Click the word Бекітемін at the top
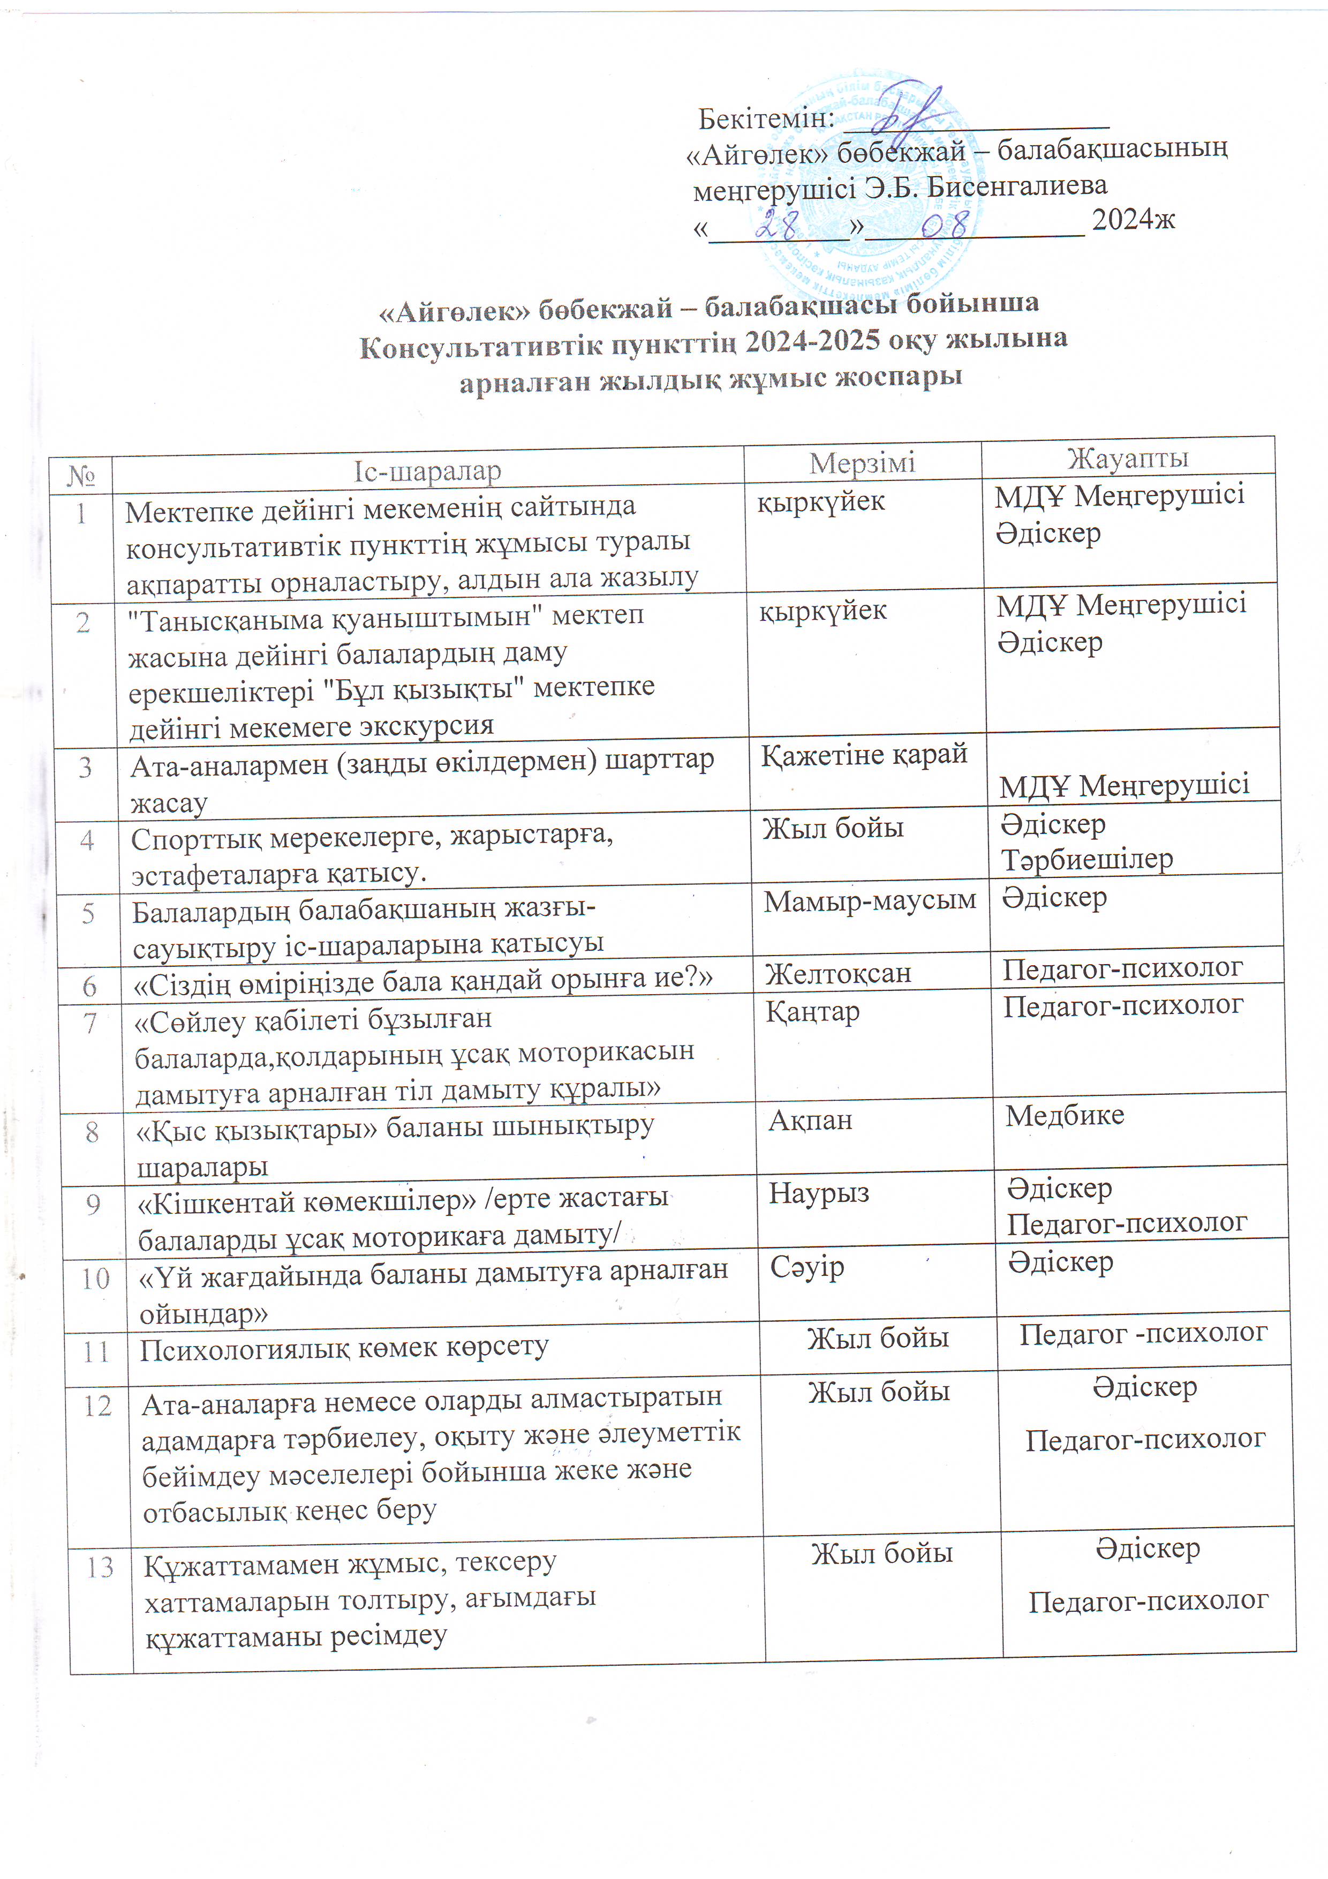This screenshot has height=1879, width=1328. point(766,119)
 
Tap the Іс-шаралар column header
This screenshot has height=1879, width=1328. point(427,471)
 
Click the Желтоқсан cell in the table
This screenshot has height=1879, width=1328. point(837,973)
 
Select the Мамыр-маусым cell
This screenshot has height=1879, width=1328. point(870,901)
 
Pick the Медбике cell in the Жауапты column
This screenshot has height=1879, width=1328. point(1065,1115)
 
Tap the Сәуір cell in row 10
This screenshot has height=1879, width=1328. point(807,1267)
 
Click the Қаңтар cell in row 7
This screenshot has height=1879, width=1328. point(812,1012)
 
